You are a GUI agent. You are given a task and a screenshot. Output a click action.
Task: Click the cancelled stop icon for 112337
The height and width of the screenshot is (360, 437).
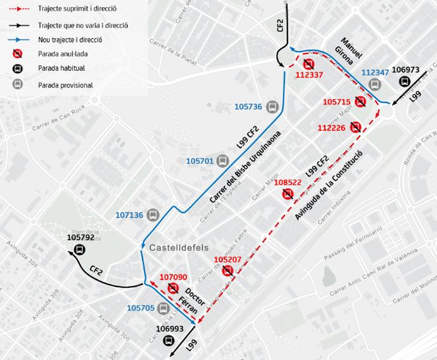(308, 64)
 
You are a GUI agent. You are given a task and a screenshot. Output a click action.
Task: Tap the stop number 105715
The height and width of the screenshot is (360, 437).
(336, 101)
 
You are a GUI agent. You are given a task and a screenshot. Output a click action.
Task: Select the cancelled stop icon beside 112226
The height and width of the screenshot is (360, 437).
(356, 127)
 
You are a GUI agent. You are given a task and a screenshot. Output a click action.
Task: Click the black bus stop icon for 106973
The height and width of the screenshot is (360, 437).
(404, 82)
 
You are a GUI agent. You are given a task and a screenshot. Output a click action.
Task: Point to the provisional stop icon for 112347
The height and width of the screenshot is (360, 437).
(375, 85)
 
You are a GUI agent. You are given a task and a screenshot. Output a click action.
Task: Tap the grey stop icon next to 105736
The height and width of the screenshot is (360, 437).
(272, 106)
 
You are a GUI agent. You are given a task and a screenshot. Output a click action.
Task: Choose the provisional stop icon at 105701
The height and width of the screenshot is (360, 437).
(222, 161)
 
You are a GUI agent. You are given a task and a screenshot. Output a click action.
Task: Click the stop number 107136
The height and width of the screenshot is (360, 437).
(130, 215)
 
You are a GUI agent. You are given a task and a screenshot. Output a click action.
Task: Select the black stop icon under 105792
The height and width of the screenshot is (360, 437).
(80, 250)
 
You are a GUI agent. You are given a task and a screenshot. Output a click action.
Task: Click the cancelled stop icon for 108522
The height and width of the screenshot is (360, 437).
(288, 194)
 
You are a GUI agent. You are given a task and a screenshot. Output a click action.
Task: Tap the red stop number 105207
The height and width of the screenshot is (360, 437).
(228, 260)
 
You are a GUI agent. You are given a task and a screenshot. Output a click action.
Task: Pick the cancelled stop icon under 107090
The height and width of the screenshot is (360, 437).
(173, 288)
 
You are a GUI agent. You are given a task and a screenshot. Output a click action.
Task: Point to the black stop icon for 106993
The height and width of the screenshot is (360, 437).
(169, 340)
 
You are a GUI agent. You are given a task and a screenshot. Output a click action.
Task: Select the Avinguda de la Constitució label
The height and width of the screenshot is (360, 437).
(329, 186)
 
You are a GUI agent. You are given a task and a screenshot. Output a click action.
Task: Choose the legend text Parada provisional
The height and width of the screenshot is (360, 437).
(65, 85)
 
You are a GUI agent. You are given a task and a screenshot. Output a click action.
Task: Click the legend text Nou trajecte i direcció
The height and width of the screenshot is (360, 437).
(70, 39)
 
